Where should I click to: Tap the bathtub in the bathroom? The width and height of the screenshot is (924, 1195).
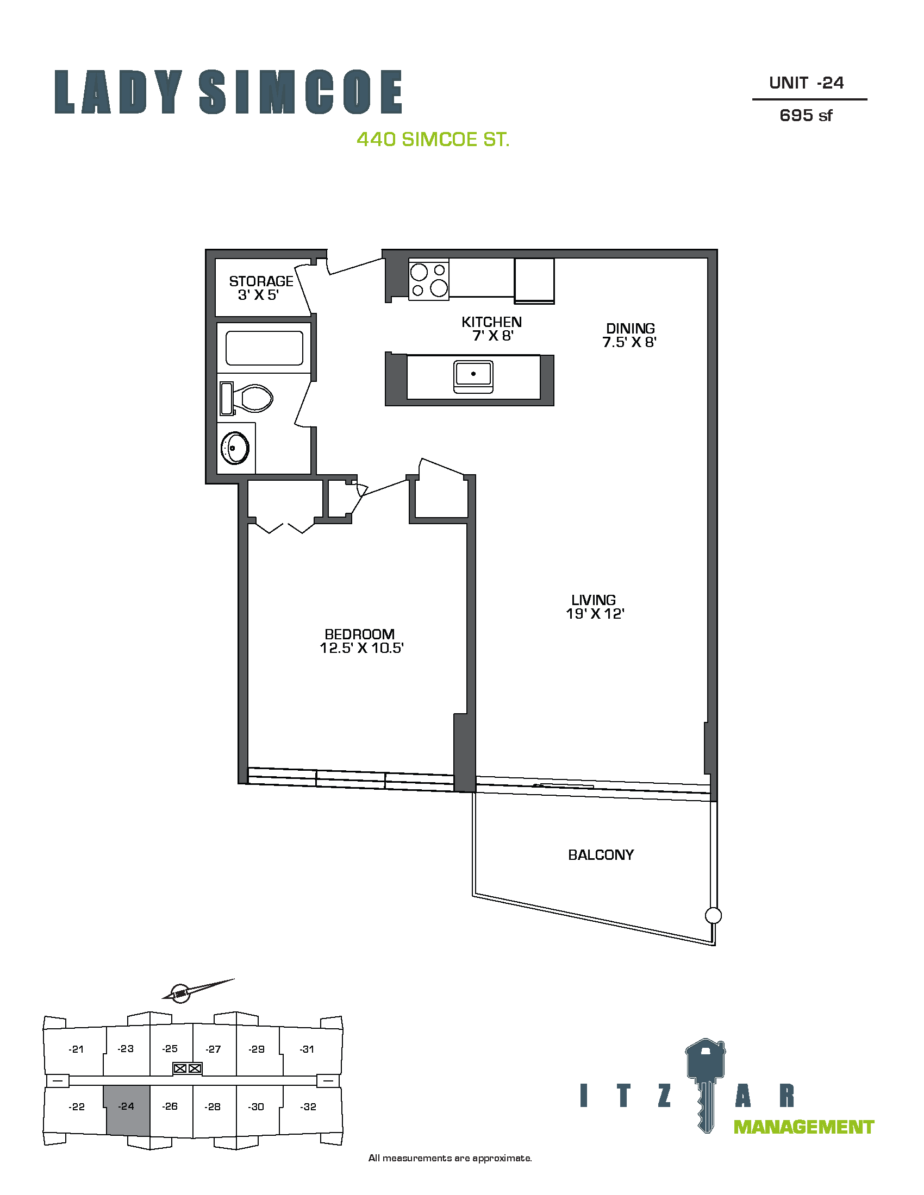[264, 348]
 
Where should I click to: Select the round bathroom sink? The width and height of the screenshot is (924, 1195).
[235, 448]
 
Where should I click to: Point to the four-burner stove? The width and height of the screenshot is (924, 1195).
[429, 280]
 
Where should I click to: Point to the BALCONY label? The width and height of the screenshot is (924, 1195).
[601, 854]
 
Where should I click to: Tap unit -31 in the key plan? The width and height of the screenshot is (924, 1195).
[308, 1049]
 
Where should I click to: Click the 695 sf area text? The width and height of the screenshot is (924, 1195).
[806, 116]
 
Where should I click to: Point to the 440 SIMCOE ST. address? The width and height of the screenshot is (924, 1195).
[433, 140]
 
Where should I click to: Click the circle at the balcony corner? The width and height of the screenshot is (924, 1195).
[713, 915]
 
